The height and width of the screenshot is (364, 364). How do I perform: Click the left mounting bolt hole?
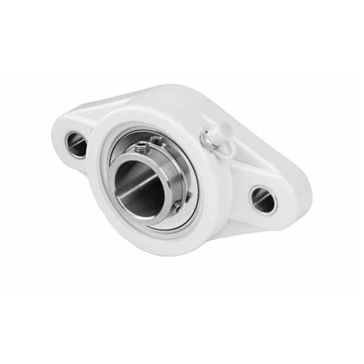pos(76,143)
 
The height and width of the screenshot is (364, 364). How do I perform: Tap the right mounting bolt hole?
pos(263,199)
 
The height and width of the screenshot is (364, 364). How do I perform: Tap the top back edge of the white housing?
pos(175,91)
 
